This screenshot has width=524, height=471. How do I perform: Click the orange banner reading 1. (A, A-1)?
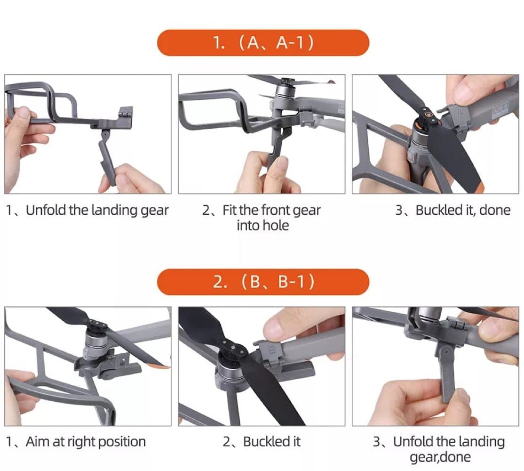tap(263, 42)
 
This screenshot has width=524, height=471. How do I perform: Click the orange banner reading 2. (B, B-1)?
tap(263, 282)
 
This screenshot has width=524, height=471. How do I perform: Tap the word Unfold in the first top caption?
tap(46, 210)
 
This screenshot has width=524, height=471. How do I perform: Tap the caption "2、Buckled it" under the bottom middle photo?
tap(262, 442)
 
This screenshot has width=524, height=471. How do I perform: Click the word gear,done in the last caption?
tap(440, 457)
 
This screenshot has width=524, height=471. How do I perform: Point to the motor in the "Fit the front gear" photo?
tap(284, 93)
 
